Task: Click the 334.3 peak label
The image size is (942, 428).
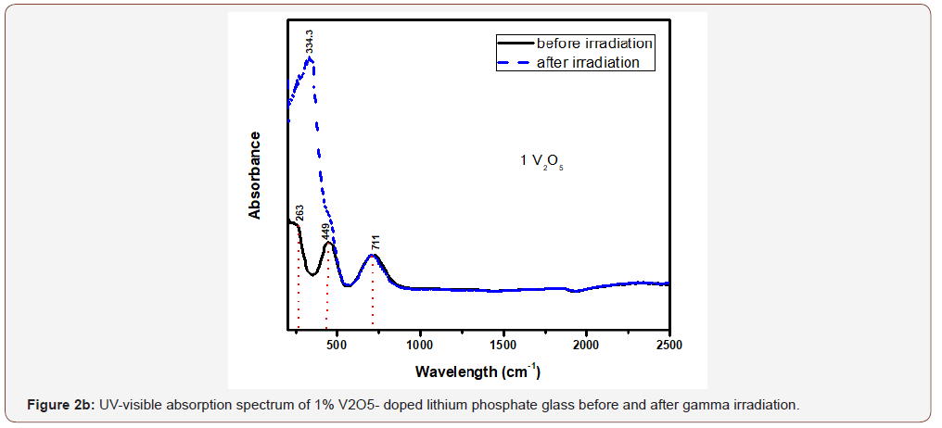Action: (311, 42)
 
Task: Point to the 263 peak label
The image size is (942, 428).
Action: (299, 212)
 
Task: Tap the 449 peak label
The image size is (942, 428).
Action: (325, 231)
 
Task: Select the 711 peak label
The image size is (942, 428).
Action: (376, 244)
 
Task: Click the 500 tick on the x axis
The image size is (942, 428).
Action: (337, 345)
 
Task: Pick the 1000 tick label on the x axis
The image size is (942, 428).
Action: (420, 345)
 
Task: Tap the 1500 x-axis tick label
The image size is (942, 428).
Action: (503, 345)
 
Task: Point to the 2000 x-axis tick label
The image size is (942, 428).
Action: (586, 345)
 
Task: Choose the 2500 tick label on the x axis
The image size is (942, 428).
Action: (668, 345)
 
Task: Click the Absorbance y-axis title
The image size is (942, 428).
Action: (255, 175)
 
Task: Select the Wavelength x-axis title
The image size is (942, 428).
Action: (477, 371)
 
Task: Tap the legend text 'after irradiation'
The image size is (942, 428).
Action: (588, 62)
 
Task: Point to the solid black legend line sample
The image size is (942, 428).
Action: (515, 44)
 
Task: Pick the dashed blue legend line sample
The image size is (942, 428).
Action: (515, 63)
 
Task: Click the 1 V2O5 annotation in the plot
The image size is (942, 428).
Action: (541, 162)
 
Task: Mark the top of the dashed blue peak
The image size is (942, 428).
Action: (311, 58)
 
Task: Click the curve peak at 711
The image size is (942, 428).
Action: (373, 255)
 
